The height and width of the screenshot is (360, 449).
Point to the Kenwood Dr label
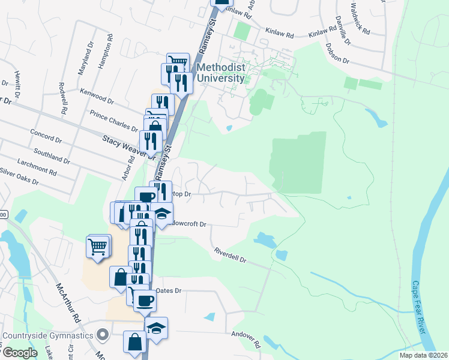[97, 96]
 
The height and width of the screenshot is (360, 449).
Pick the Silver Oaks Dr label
[19, 176]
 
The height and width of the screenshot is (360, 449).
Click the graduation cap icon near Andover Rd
[157, 328]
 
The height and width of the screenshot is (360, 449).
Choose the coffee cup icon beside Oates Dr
[144, 300]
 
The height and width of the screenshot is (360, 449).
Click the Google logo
[20, 353]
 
